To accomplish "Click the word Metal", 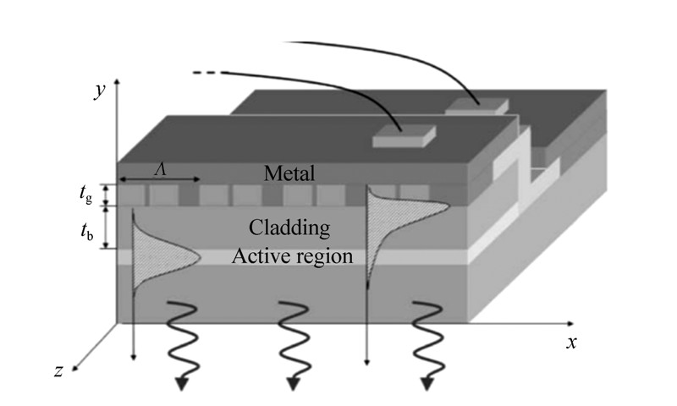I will pyautogui.click(x=289, y=174).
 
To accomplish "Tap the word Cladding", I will pyautogui.click(x=289, y=228).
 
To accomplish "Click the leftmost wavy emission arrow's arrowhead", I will pyautogui.click(x=182, y=383).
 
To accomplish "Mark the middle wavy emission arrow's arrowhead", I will pyautogui.click(x=294, y=383).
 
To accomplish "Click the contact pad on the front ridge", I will pyautogui.click(x=404, y=135).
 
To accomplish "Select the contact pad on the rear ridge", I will pyautogui.click(x=477, y=106).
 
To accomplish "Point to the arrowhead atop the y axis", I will pyautogui.click(x=117, y=80).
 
